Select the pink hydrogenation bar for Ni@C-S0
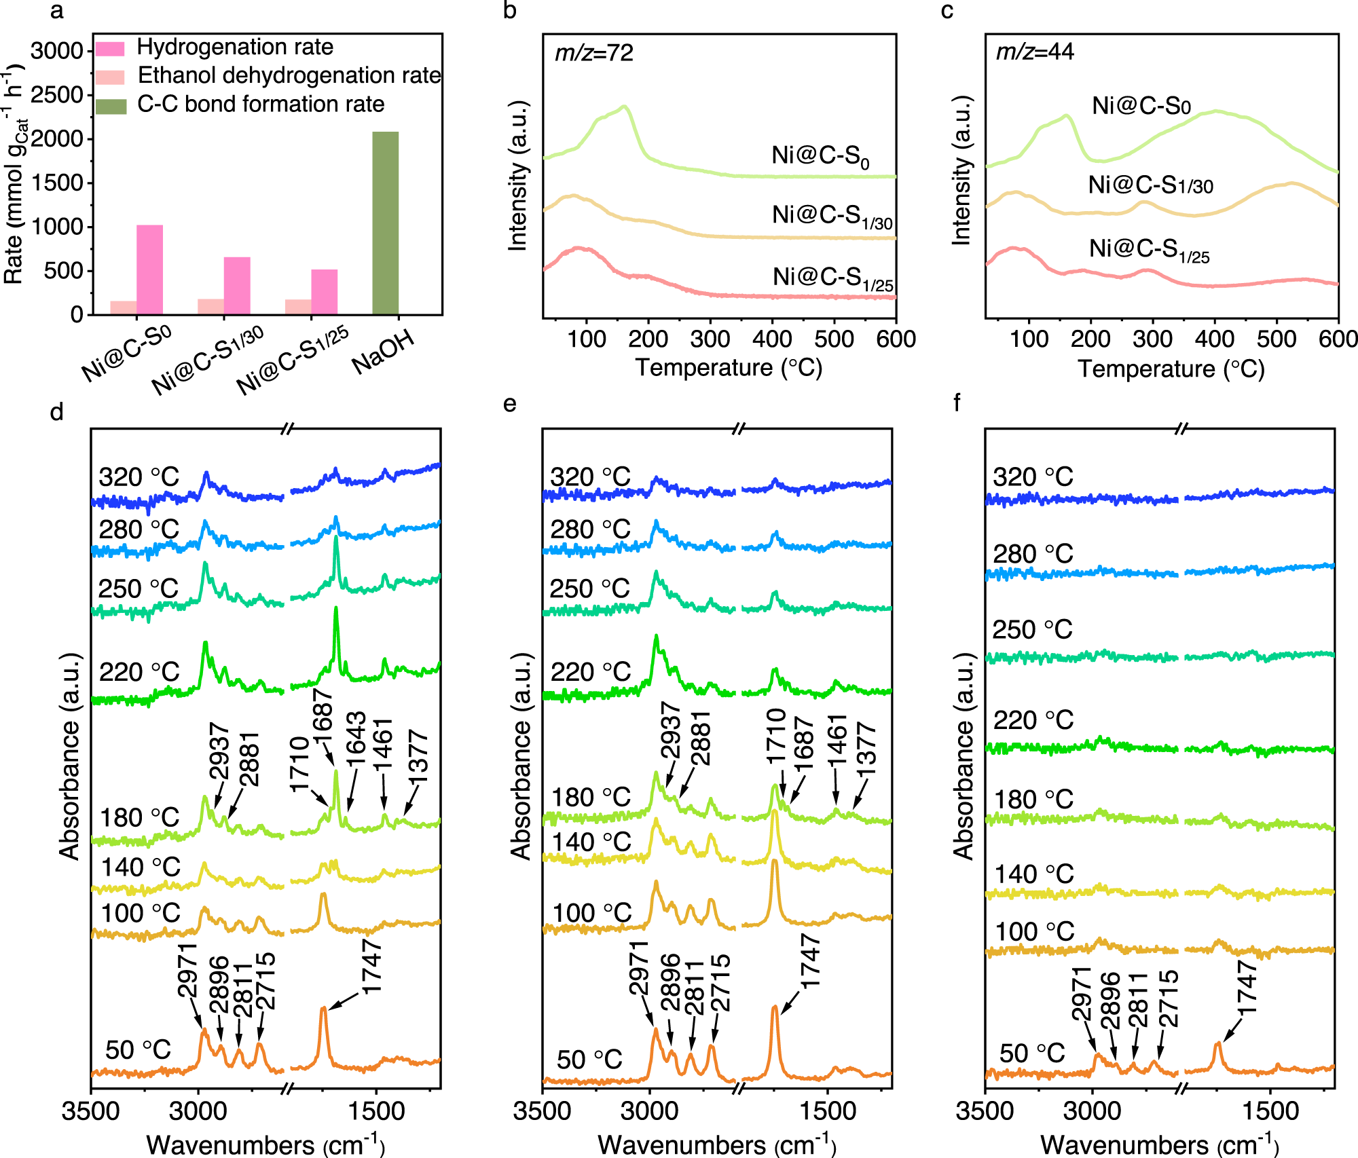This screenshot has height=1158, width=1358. tap(149, 269)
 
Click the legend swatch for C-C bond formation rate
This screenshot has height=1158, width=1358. tap(111, 106)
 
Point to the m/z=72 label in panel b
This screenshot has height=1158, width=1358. tap(594, 52)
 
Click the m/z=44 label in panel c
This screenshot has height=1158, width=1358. tap(1035, 52)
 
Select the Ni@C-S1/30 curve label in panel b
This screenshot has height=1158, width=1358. tap(832, 217)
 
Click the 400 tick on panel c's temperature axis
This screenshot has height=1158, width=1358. tap(1214, 339)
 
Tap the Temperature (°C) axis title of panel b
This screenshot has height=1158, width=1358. tap(729, 369)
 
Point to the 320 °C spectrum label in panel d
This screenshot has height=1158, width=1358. tap(139, 477)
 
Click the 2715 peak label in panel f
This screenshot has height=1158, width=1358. tap(1169, 998)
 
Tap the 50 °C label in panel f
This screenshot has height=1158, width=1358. tap(1031, 1053)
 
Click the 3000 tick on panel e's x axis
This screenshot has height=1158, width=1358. tap(650, 1111)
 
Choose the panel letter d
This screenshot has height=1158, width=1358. tap(57, 411)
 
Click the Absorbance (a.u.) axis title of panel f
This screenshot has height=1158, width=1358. tap(964, 757)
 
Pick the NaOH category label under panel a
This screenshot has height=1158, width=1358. tap(384, 353)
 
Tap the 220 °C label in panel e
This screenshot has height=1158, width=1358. tap(590, 672)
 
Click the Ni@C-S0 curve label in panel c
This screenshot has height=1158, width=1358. tap(1141, 107)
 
